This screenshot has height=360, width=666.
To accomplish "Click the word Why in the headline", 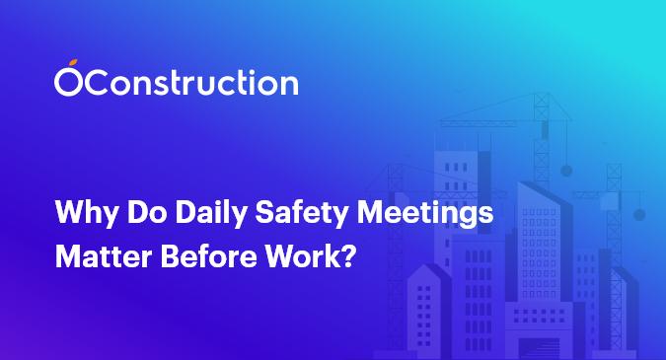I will click(81, 213).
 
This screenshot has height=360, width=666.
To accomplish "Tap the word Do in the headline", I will click(130, 213).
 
